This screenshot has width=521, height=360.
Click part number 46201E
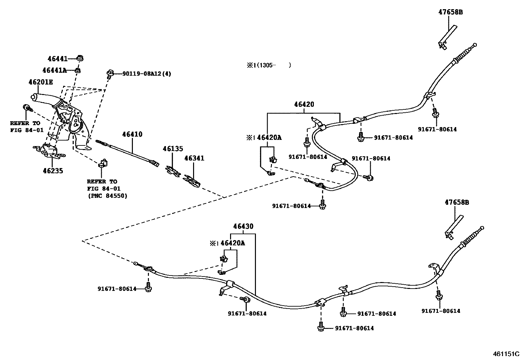40,82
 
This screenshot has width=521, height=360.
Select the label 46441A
54,70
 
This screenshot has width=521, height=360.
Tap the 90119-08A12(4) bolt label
147,74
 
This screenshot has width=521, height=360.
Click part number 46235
53,171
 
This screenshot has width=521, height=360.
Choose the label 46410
132,134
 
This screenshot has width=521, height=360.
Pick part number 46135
173,149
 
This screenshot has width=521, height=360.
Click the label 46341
194,158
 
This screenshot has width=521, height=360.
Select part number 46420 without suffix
304,104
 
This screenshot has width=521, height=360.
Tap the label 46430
243,226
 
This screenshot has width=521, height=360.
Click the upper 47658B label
451,12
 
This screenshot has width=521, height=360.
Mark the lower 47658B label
457,203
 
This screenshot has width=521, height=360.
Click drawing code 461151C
506,354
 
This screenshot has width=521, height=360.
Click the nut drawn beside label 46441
80,58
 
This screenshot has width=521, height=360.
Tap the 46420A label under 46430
233,243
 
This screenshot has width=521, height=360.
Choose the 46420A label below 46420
269,138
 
